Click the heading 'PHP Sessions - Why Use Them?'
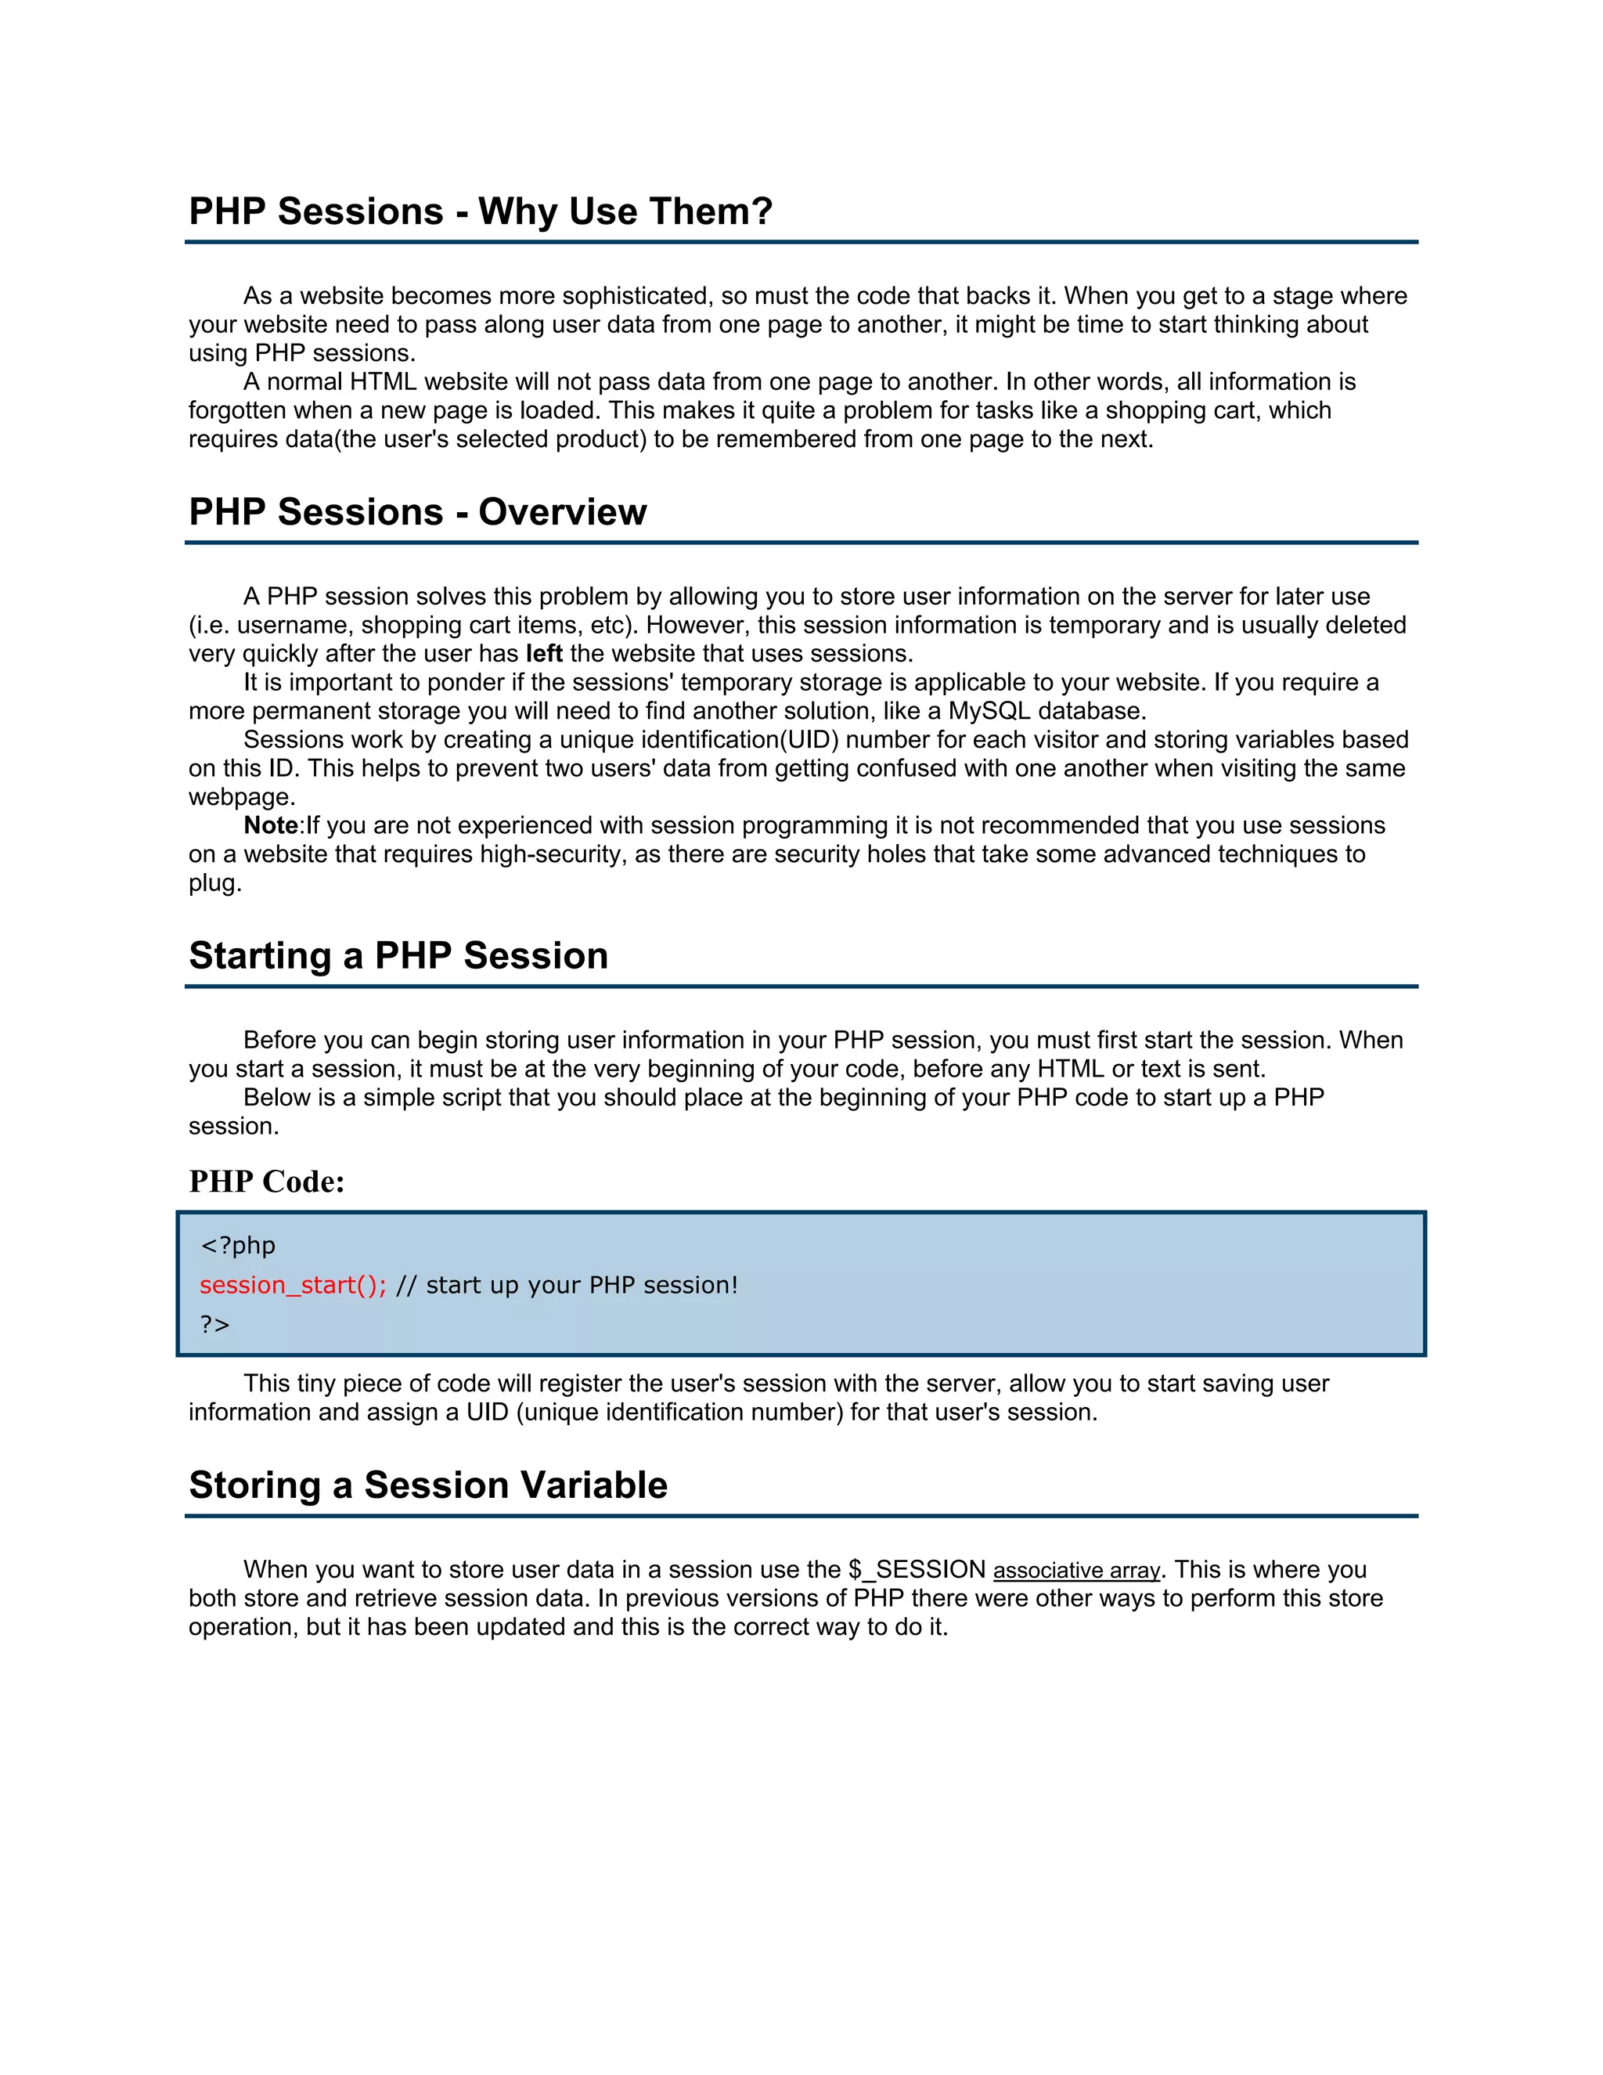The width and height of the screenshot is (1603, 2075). [481, 211]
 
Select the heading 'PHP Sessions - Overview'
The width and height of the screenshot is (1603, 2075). [418, 512]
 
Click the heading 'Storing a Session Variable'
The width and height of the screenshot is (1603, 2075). [428, 1485]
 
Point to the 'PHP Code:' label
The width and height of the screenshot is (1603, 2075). [267, 1181]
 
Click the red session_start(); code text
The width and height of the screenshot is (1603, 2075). [293, 1286]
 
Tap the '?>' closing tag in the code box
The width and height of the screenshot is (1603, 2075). [214, 1324]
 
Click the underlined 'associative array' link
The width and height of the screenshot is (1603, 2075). [1076, 1571]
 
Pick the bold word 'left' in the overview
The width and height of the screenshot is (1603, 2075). [544, 654]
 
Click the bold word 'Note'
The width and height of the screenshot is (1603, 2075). [271, 825]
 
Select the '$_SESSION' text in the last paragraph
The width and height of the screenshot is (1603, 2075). [917, 1569]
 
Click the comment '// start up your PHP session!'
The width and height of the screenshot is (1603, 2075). [567, 1286]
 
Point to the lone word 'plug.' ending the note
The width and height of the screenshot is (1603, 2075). [215, 883]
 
